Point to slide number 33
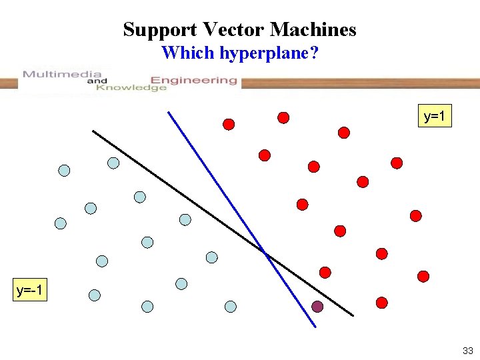pyautogui.click(x=467, y=351)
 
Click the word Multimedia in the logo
pyautogui.click(x=61, y=74)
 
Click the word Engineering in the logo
pyautogui.click(x=199, y=80)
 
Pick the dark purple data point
pyautogui.click(x=317, y=307)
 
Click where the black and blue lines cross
pyautogui.click(x=265, y=252)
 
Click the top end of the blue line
pyautogui.click(x=168, y=112)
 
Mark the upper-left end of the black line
pyautogui.click(x=93, y=131)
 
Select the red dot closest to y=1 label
pyautogui.click(x=397, y=163)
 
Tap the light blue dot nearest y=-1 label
pyautogui.click(x=95, y=294)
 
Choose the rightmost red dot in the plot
pyautogui.click(x=423, y=276)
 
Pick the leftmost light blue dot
pyautogui.click(x=61, y=223)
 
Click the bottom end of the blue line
pyautogui.click(x=315, y=327)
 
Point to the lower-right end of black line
pyautogui.click(x=353, y=315)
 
